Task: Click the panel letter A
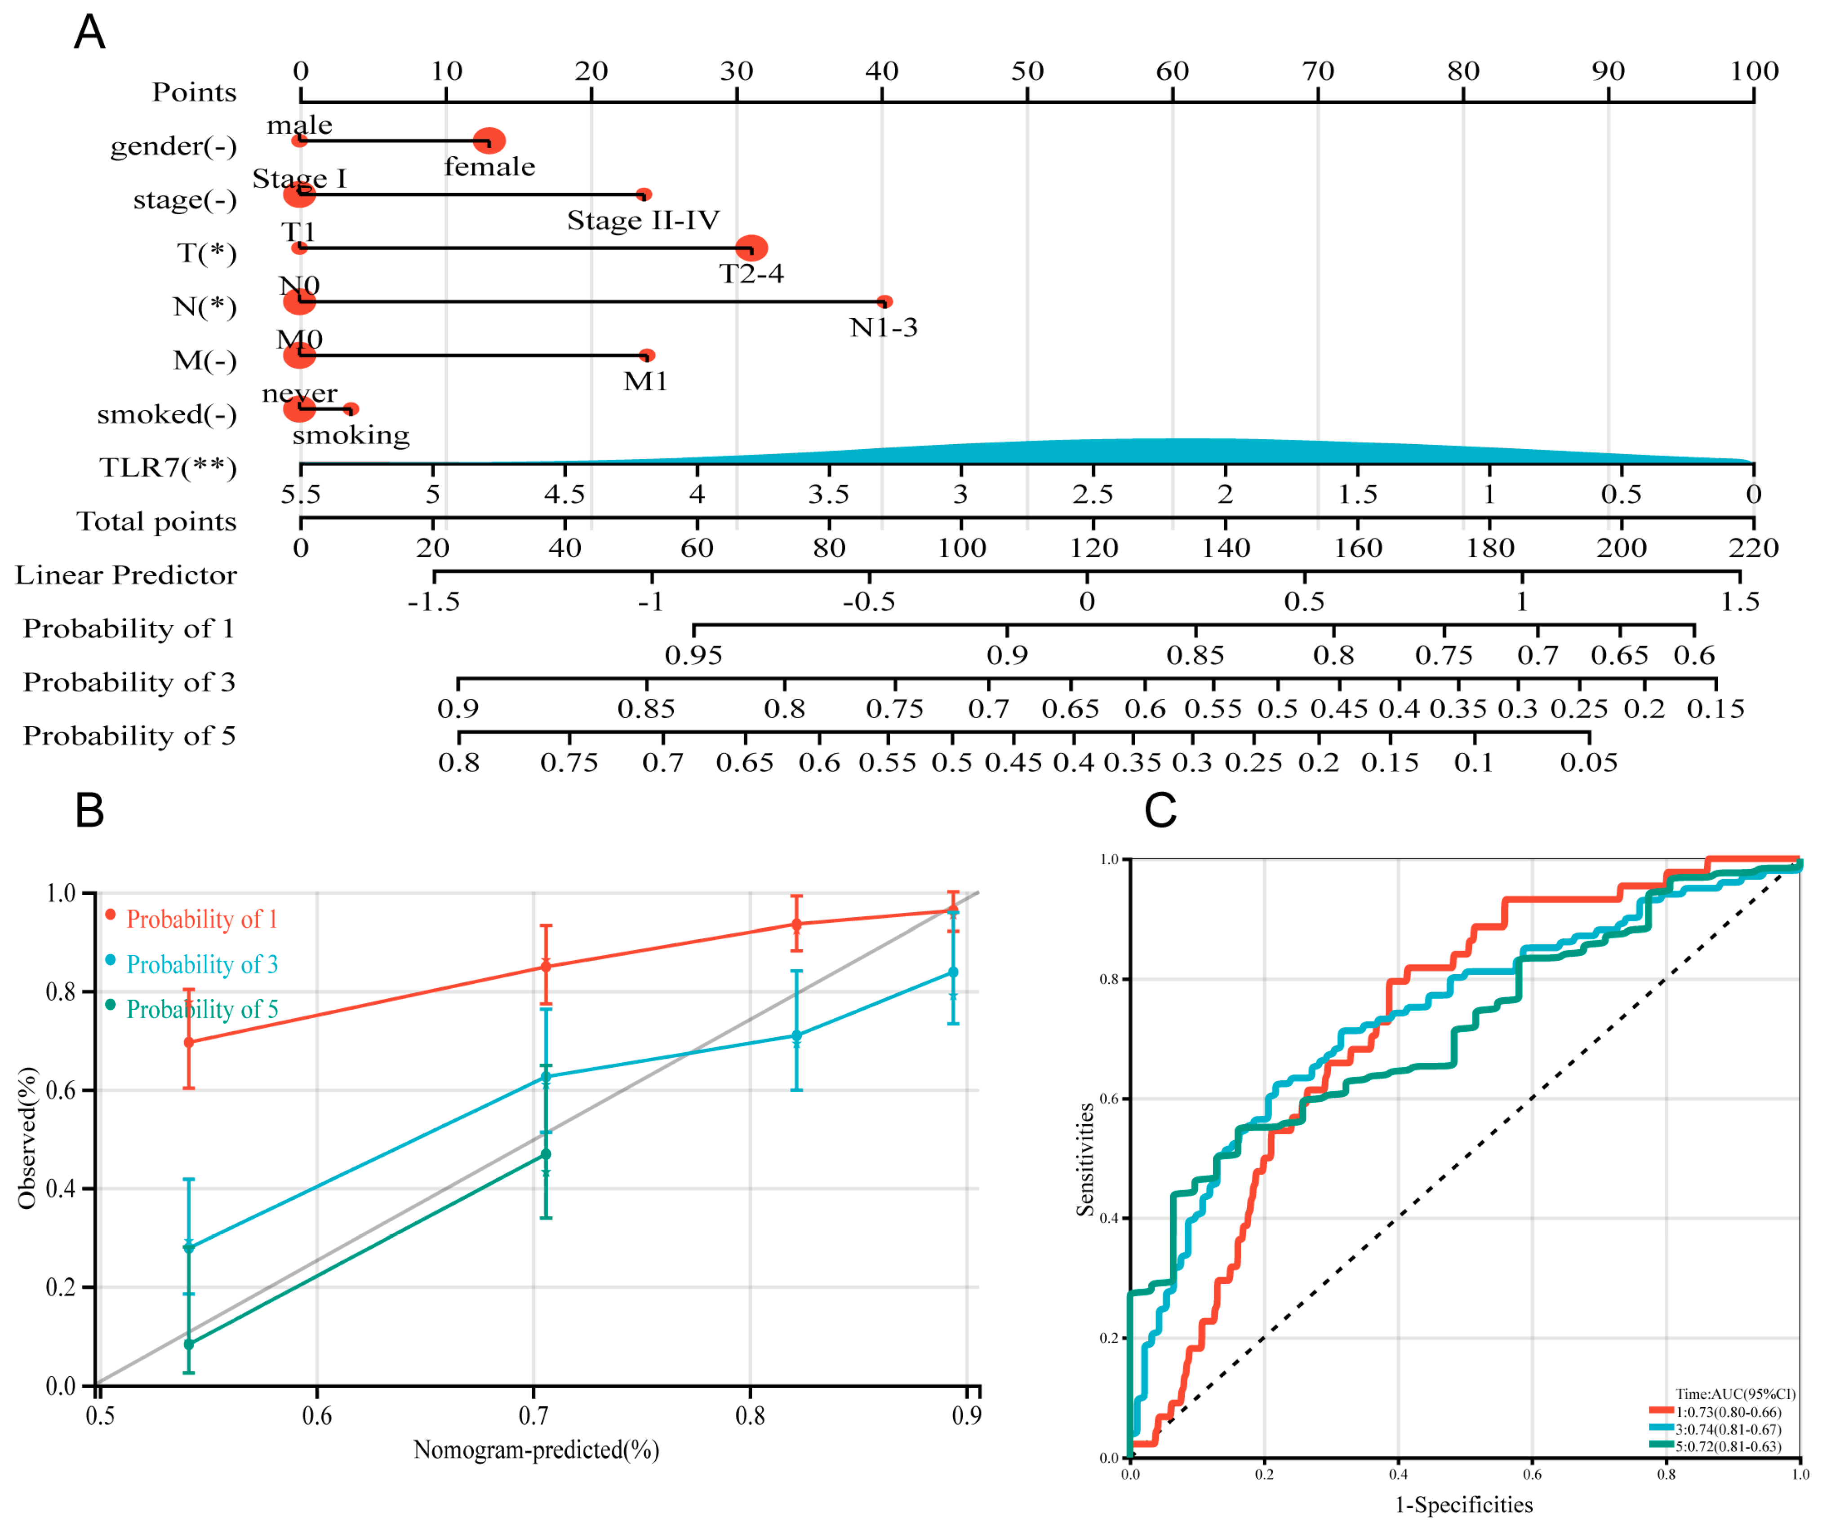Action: tap(89, 33)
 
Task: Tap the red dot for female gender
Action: tap(489, 141)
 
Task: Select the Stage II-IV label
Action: tap(643, 220)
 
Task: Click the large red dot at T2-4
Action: tap(751, 248)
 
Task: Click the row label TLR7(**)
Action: tap(168, 468)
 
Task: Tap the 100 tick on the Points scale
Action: tap(1753, 71)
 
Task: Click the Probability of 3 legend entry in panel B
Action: tap(201, 964)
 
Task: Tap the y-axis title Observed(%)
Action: tap(28, 1137)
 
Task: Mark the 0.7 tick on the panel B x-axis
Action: tap(533, 1416)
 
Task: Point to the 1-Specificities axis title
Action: tap(1464, 1505)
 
